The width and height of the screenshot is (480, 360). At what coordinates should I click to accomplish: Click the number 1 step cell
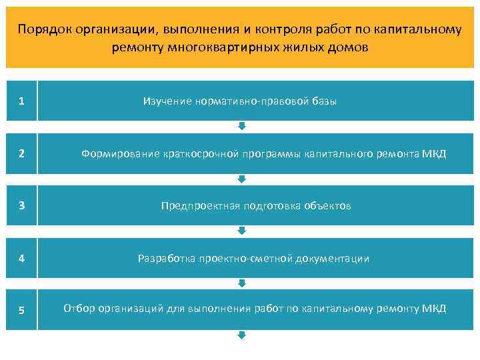pyautogui.click(x=21, y=101)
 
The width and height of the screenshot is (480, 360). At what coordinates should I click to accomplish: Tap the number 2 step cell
pyautogui.click(x=21, y=153)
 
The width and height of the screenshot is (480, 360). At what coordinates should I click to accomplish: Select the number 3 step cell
pyautogui.click(x=21, y=205)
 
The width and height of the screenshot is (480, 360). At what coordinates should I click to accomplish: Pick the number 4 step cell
pyautogui.click(x=21, y=258)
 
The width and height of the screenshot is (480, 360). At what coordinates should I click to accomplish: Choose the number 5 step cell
pyautogui.click(x=21, y=310)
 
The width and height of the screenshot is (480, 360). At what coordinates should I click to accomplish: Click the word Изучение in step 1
pyautogui.click(x=167, y=101)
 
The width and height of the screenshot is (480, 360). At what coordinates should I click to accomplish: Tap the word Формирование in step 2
pyautogui.click(x=120, y=154)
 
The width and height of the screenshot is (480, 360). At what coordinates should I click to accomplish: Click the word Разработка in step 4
pyautogui.click(x=166, y=258)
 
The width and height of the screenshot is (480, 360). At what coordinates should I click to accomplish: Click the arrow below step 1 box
pyautogui.click(x=242, y=126)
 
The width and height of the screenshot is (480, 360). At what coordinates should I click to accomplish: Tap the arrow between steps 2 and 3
pyautogui.click(x=242, y=179)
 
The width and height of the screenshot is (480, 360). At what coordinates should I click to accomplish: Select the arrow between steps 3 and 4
pyautogui.click(x=242, y=231)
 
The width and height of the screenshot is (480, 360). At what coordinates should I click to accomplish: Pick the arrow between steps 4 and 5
pyautogui.click(x=242, y=283)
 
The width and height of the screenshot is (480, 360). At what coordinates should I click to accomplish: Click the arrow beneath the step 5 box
pyautogui.click(x=242, y=335)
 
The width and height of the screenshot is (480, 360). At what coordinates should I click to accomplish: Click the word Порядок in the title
pyautogui.click(x=45, y=30)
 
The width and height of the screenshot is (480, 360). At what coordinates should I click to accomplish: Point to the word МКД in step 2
pyautogui.click(x=434, y=154)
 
